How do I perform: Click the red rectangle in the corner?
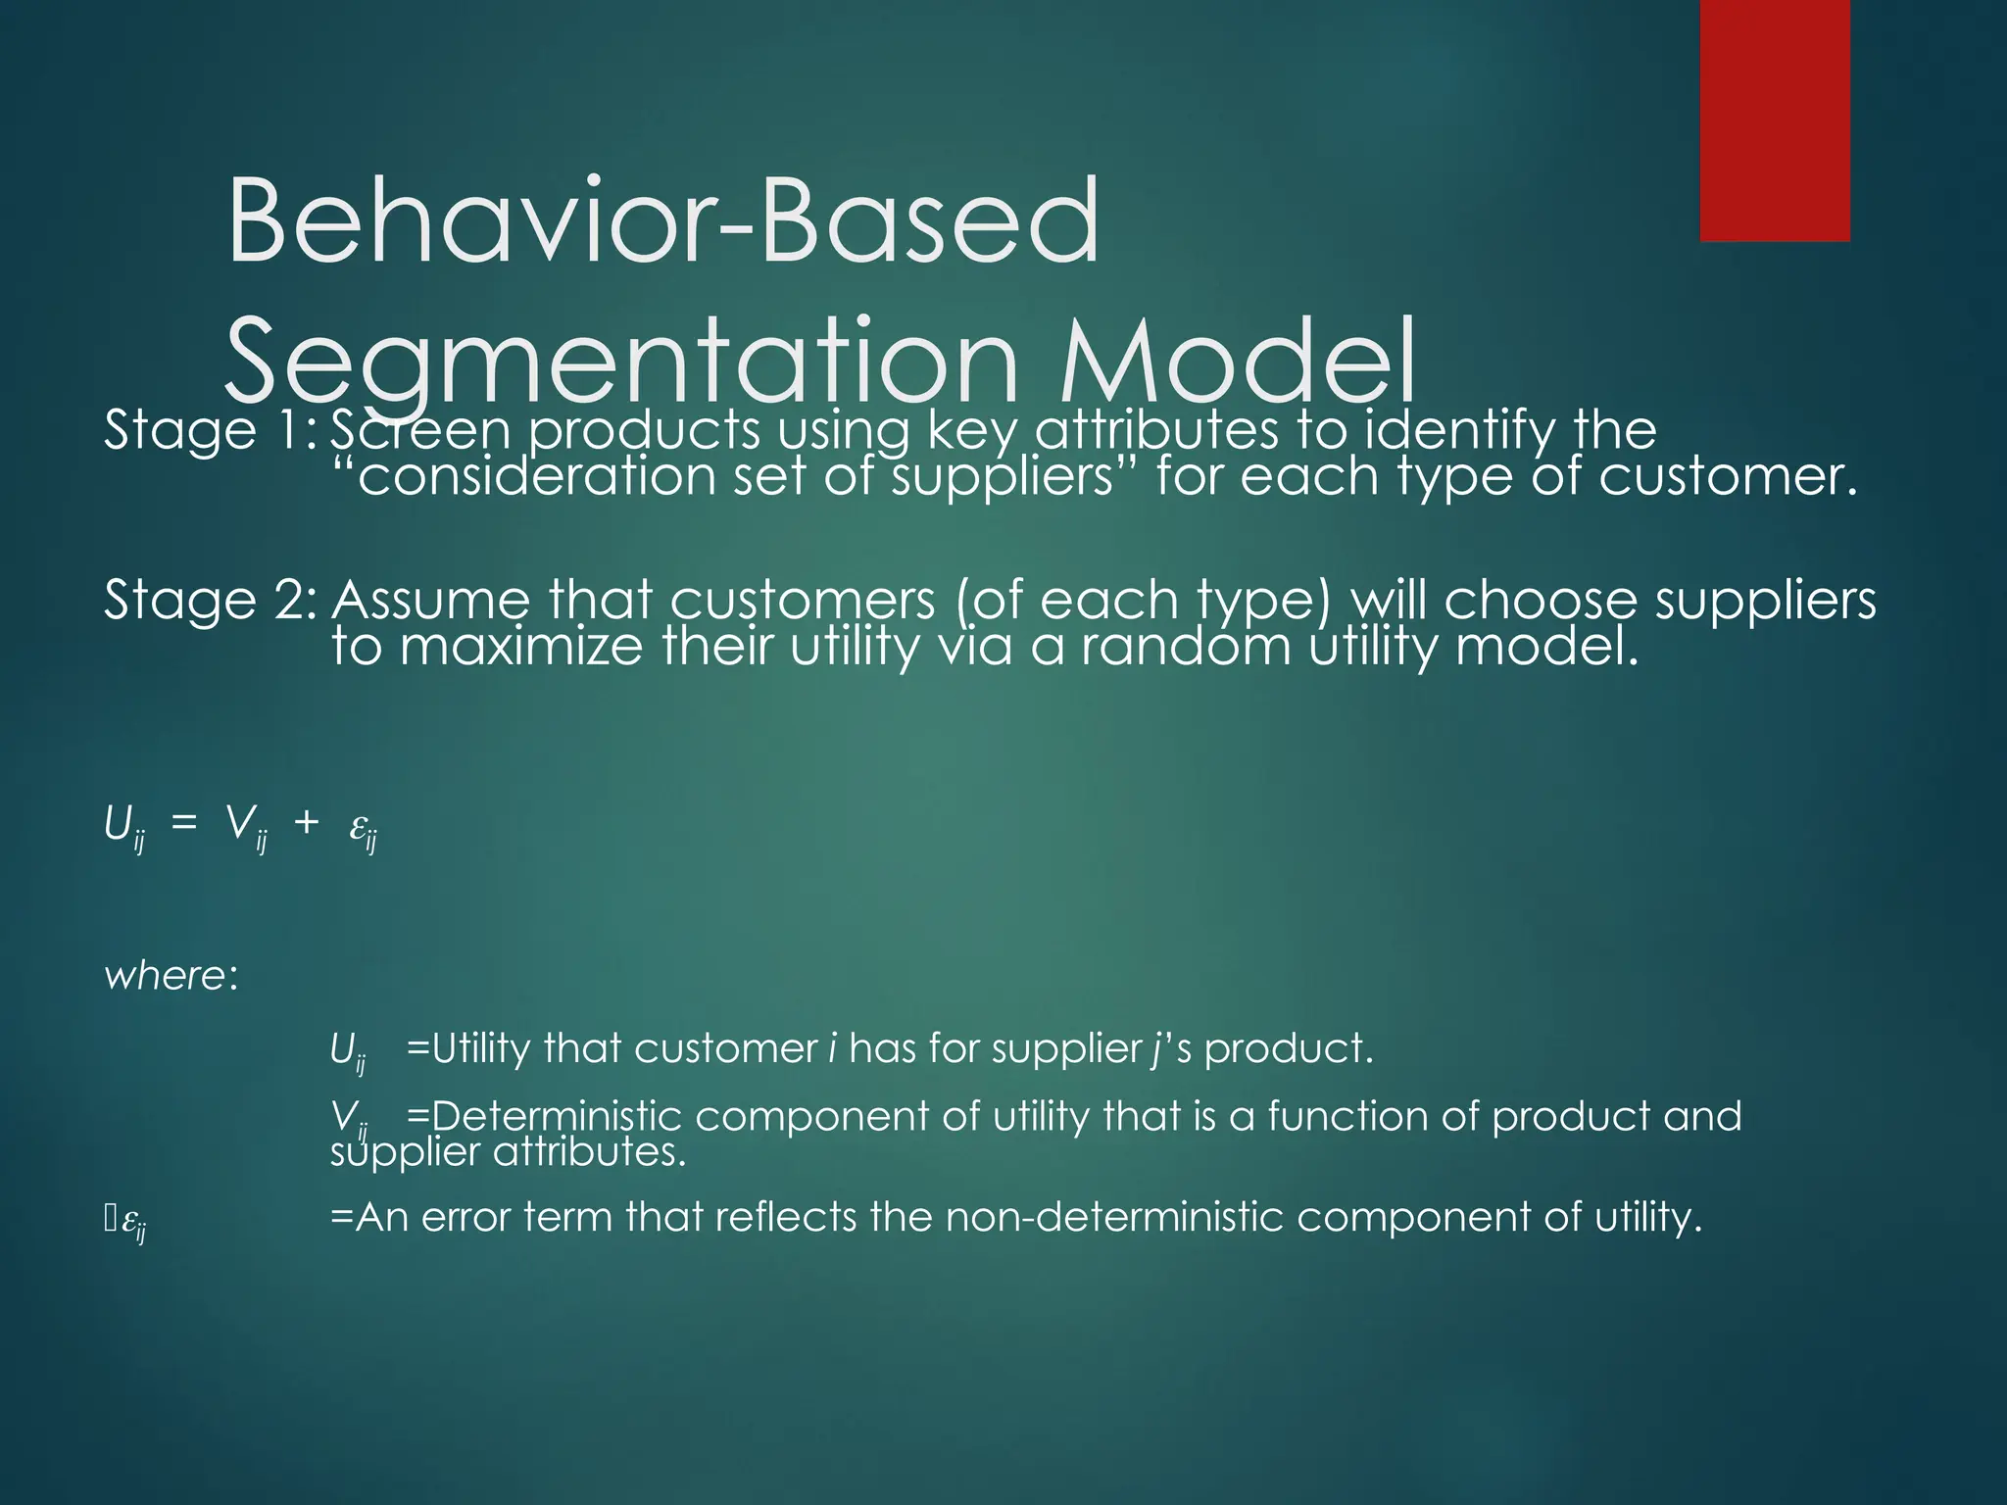point(1774,120)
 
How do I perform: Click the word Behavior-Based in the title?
point(662,221)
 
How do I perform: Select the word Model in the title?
point(1239,361)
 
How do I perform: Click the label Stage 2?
point(210,600)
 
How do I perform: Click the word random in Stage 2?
point(1186,647)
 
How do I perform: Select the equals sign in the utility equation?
point(183,823)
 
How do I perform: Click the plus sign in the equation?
point(306,823)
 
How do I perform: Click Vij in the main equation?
point(245,826)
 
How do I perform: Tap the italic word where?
point(171,976)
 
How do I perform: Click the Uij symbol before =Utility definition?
point(347,1052)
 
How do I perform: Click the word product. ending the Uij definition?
point(1288,1049)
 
